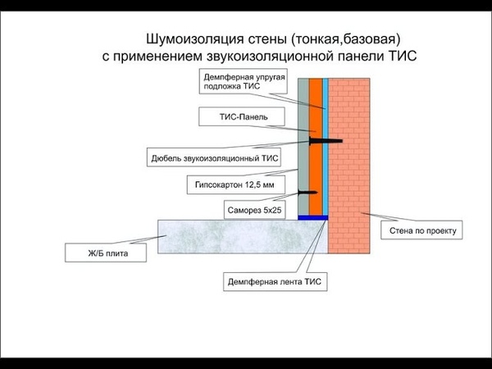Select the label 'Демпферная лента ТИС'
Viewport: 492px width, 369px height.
[276, 283]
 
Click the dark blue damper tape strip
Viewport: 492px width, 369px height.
[312, 218]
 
